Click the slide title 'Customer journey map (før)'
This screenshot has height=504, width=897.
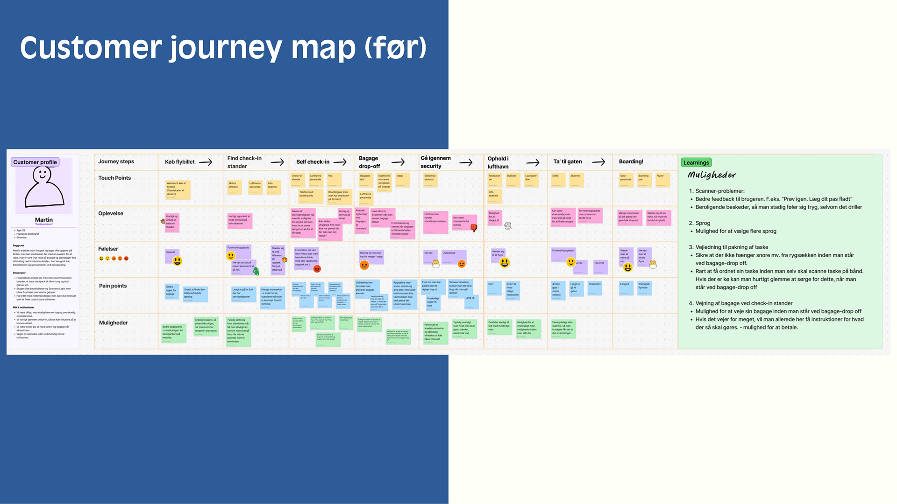click(223, 48)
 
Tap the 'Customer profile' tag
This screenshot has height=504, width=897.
click(35, 162)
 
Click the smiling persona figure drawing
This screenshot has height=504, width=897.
click(44, 187)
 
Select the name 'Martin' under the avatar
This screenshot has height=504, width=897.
click(44, 220)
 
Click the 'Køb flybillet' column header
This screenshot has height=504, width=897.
click(179, 162)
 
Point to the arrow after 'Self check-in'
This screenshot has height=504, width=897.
click(340, 162)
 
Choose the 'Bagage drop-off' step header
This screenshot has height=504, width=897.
click(369, 162)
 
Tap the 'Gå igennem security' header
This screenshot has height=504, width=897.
click(435, 162)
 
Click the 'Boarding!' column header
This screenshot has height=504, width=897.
click(631, 161)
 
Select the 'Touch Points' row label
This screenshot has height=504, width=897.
click(114, 178)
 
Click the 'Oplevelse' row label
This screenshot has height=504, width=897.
click(111, 213)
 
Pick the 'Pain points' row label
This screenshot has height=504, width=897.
click(113, 286)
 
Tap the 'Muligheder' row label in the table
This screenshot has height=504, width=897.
click(113, 322)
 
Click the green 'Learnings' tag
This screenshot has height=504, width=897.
click(696, 162)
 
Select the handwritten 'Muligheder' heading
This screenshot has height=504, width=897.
click(712, 175)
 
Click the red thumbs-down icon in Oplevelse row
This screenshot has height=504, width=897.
click(474, 228)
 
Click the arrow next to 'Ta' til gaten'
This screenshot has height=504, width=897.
click(598, 162)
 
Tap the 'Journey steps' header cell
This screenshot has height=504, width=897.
click(116, 161)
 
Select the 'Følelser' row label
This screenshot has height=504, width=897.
click(108, 249)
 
